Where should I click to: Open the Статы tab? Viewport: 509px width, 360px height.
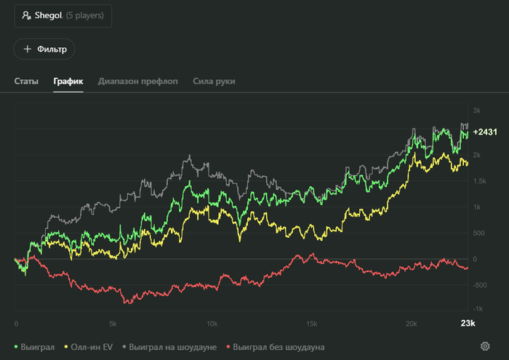26,81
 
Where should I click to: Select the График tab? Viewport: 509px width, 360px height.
68,81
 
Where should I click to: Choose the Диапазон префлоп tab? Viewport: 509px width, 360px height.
138,81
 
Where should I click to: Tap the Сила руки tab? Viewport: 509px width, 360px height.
214,81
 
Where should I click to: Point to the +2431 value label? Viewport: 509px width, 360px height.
485,132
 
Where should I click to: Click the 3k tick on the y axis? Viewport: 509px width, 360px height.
477,111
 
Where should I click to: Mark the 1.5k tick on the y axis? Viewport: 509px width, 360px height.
481,181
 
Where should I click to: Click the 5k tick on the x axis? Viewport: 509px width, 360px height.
113,324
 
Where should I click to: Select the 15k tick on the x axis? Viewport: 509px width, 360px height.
311,324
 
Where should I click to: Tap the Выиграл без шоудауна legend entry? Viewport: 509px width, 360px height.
275,347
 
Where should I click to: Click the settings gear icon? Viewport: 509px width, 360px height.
485,346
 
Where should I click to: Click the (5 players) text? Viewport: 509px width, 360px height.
84,15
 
